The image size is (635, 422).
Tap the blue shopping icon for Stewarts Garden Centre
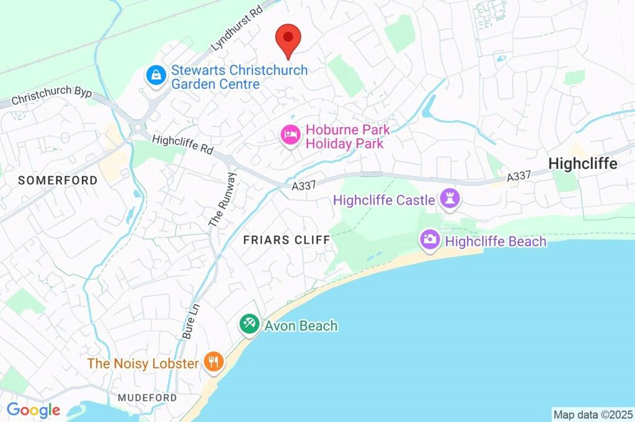[155, 76]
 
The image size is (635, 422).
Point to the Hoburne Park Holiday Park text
[348, 137]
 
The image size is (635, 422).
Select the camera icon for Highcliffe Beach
[429, 240]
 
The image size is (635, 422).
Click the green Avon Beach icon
[249, 324]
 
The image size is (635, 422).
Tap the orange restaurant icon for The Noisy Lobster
[213, 362]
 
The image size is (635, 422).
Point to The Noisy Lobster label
[143, 363]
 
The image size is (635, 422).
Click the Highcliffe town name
[583, 164]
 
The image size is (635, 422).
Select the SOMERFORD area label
[58, 181]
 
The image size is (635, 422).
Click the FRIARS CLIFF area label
[286, 240]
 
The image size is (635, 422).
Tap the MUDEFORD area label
[148, 397]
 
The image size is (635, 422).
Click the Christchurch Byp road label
[51, 97]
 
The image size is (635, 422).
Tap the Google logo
[33, 410]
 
